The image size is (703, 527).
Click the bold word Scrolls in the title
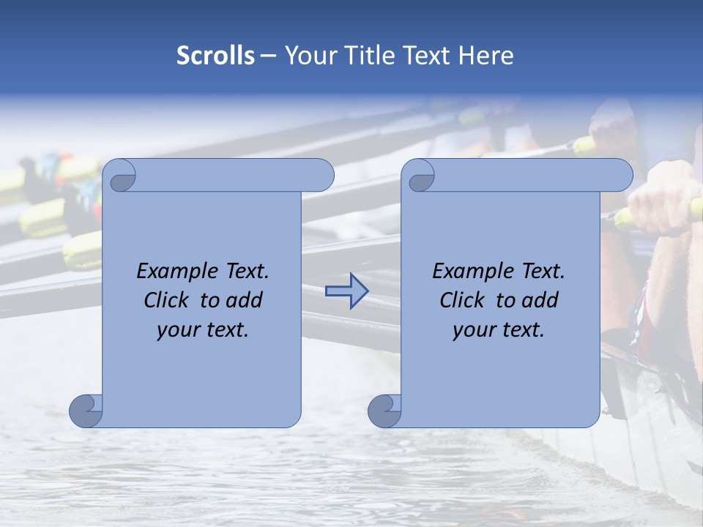tap(216, 56)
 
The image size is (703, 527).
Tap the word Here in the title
tap(486, 56)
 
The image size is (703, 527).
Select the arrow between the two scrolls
tap(346, 291)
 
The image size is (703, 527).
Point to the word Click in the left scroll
tap(166, 300)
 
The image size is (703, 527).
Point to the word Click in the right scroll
tap(462, 300)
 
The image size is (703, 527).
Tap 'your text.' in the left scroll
tap(203, 329)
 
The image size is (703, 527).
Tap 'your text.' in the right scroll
tap(499, 329)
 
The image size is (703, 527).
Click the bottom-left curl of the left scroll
tap(85, 410)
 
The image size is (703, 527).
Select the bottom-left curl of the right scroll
tap(384, 410)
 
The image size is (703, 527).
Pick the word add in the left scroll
tap(244, 300)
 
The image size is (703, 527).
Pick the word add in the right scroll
tap(540, 300)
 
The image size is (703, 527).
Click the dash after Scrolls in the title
tap(268, 56)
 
